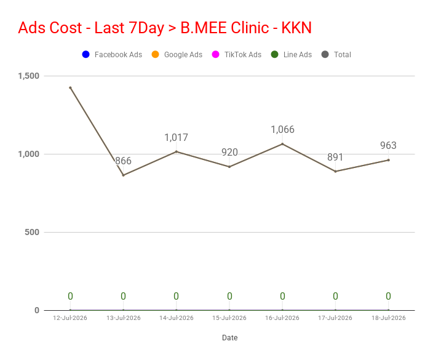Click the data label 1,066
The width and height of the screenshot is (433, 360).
coord(282,130)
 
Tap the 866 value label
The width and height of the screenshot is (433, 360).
coord(123,161)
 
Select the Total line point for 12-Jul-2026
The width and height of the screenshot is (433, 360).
coord(70,88)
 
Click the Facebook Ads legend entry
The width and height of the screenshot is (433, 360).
coord(112,54)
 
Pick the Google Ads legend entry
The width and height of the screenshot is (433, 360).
coord(177,54)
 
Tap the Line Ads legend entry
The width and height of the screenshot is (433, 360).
coord(292,54)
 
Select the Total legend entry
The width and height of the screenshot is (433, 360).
coord(336,54)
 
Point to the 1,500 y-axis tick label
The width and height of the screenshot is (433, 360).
coord(29,76)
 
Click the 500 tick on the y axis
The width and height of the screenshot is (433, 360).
coord(32,232)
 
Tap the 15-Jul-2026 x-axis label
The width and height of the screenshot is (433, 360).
coord(229,318)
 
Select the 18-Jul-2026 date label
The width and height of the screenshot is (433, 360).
coord(389,318)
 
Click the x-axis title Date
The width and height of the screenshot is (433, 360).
coord(230,338)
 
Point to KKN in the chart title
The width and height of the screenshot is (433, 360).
coord(296,28)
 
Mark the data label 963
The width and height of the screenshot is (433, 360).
coord(388,145)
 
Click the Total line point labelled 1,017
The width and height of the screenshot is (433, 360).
coord(177,151)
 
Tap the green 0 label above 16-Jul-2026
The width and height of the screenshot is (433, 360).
coord(282,296)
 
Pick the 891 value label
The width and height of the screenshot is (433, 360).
coord(335,157)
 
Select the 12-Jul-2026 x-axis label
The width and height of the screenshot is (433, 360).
coord(70,318)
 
